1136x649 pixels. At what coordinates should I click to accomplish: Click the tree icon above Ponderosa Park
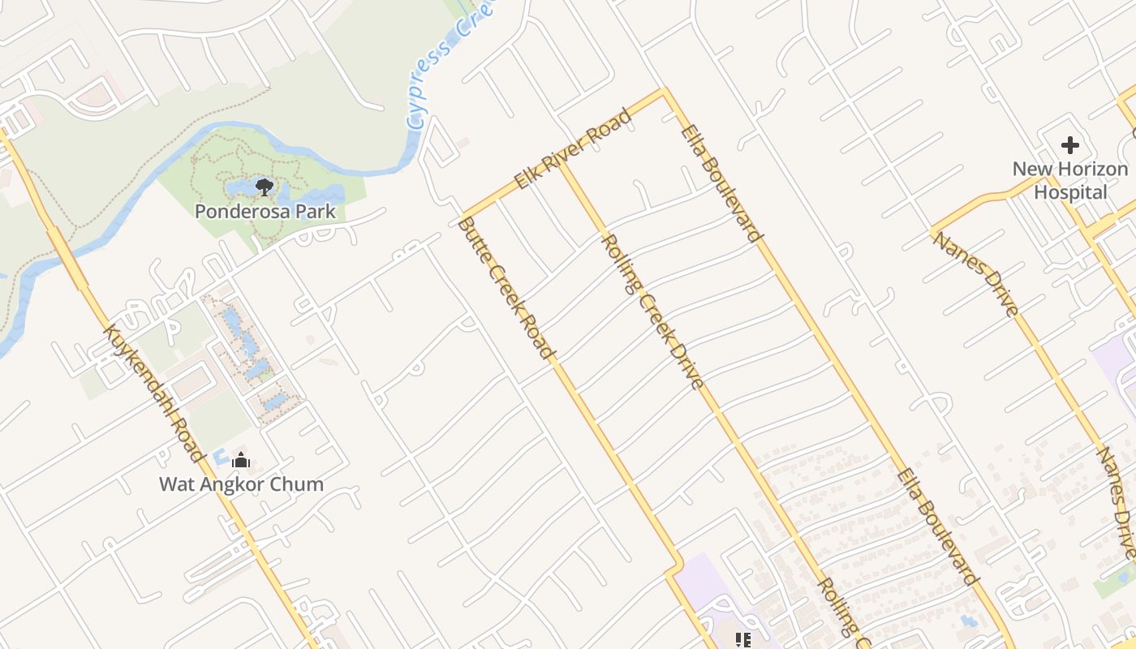pyautogui.click(x=264, y=187)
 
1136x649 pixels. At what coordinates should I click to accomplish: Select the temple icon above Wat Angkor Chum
pyautogui.click(x=240, y=461)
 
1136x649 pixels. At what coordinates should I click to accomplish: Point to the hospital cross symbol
pyautogui.click(x=1069, y=146)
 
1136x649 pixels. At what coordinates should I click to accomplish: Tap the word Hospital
pyautogui.click(x=1070, y=192)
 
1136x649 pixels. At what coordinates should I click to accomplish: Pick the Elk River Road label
pyautogui.click(x=573, y=151)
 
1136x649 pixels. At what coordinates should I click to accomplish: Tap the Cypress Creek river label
pyautogui.click(x=441, y=65)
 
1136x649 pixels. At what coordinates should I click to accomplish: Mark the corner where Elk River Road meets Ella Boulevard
pyautogui.click(x=665, y=91)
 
